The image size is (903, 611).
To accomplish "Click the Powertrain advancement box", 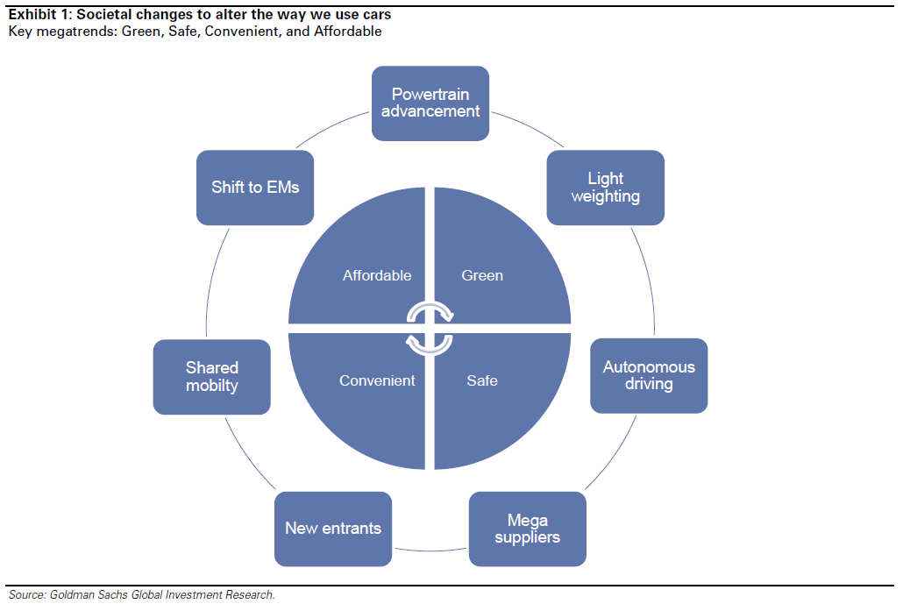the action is tap(430, 103).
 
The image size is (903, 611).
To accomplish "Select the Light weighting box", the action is tap(605, 188).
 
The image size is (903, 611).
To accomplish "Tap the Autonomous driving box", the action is tap(649, 375).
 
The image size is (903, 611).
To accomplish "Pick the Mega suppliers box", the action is tap(528, 529).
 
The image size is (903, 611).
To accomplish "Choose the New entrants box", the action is tap(333, 529).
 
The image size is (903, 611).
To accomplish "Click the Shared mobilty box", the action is tap(212, 377).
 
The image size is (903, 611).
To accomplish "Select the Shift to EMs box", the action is tap(255, 188).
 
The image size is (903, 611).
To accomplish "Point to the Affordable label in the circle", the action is tap(377, 275).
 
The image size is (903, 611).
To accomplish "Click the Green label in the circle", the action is tap(482, 275).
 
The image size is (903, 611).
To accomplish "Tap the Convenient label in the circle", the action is tap(377, 380).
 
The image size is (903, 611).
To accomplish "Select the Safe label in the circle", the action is tap(482, 380).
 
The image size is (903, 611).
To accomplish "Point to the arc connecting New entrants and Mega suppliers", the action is tap(430, 551).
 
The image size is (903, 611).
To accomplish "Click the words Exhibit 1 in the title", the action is tap(38, 14).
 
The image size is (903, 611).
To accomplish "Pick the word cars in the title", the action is tap(377, 14).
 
